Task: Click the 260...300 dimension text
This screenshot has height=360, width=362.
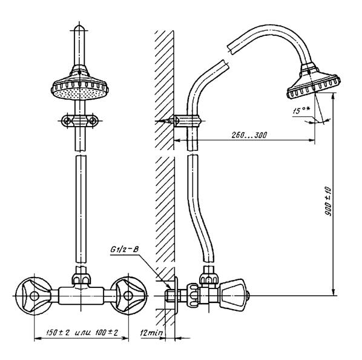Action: coord(249,135)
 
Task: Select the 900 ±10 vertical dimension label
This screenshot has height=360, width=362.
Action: coord(328,201)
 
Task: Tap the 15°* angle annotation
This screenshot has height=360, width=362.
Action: coord(301,111)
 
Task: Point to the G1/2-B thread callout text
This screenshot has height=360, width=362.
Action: coord(125,250)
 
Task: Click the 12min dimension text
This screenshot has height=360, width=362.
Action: coord(151,333)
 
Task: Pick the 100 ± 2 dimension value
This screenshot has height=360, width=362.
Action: coord(107,333)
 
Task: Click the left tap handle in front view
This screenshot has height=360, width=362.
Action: coord(33,296)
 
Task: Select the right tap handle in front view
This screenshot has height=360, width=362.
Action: coord(128,296)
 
